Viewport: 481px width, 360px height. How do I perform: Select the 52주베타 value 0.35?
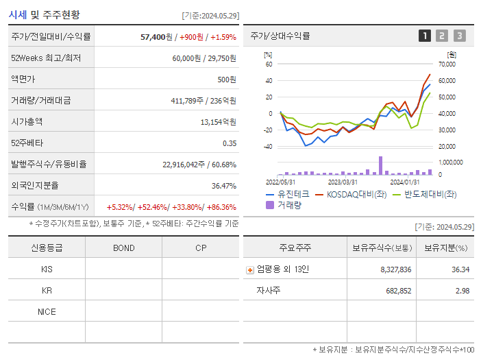230,143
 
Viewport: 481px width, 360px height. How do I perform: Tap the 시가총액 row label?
27,122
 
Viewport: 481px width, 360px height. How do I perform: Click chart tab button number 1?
425,36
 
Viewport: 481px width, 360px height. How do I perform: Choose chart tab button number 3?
459,36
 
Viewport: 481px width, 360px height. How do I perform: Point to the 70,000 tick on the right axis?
446,64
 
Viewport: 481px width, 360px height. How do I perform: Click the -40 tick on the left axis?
268,146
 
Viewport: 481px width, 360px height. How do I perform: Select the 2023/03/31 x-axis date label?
343,182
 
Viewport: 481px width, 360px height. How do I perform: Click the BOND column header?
123,248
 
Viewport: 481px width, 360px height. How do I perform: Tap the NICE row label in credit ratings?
47,312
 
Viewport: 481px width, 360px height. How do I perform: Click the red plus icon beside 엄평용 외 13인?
250,269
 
